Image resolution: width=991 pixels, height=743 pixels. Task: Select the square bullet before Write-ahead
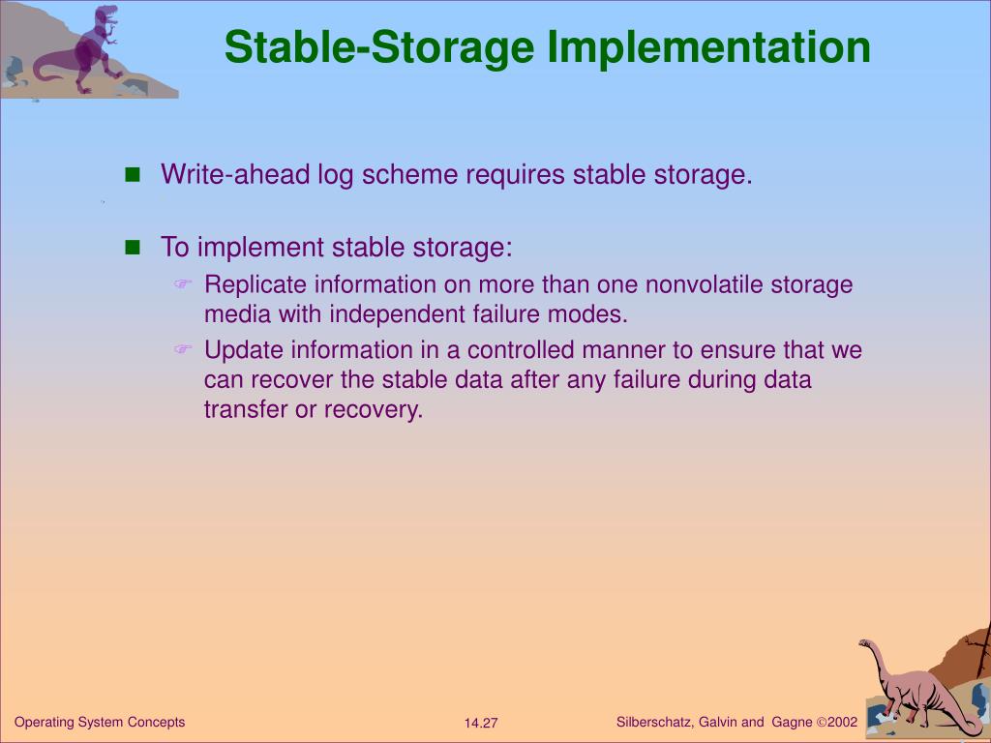pos(133,175)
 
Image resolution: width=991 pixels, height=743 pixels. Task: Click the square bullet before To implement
pos(133,248)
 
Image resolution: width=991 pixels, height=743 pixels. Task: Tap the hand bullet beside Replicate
pos(183,284)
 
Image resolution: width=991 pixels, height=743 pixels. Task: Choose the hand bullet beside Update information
pos(183,349)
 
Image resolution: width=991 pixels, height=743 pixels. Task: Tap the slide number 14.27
pos(481,724)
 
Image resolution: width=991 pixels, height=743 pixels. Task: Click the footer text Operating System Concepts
pos(100,722)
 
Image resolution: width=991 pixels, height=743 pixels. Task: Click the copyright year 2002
pos(842,722)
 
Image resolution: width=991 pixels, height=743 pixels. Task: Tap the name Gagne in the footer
pos(792,722)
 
